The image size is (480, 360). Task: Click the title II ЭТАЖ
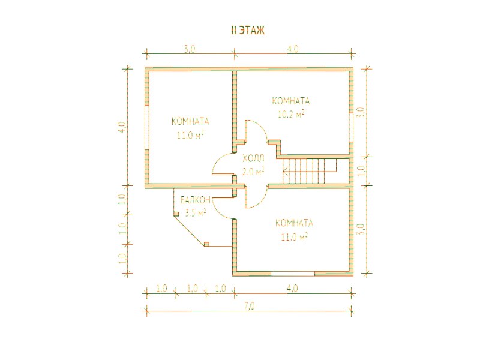coord(247,31)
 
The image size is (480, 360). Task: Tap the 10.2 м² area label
coord(291,114)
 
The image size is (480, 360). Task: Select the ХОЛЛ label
coord(253,158)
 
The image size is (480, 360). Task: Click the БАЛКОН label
coord(196,200)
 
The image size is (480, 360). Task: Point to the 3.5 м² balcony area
coord(196,212)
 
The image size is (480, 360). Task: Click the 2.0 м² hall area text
coord(253,172)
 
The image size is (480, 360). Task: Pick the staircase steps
coord(310,171)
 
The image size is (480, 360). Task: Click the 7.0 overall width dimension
coord(250,306)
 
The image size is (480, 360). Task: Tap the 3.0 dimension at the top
coord(190,49)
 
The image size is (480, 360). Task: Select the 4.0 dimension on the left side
coord(122,127)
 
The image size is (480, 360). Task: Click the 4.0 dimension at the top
coord(293,49)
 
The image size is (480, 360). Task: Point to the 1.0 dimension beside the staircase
coord(361,170)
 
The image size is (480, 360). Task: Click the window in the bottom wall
coord(293,274)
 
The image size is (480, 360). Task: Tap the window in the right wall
coord(351,128)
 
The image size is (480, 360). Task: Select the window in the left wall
coord(147,127)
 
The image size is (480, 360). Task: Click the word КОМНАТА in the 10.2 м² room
coord(291,101)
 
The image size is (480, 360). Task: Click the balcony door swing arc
coord(220,211)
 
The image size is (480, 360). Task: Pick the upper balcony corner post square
coord(176,214)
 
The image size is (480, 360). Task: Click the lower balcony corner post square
coord(206,244)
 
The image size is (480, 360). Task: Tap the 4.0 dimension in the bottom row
coord(293,289)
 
